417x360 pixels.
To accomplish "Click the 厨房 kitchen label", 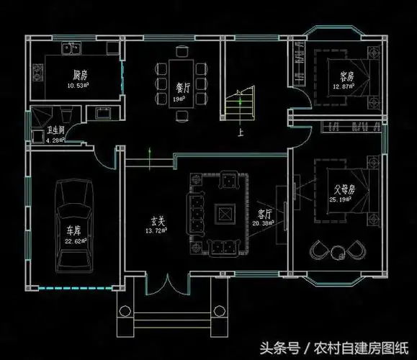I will (x=80, y=74).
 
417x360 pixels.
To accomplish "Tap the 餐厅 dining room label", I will (x=182, y=86).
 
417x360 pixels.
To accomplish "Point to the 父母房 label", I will (x=342, y=190).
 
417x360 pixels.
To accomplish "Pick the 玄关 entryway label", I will (x=158, y=222).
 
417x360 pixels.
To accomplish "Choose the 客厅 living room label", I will (x=264, y=214).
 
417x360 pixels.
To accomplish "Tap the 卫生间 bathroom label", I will (x=57, y=131).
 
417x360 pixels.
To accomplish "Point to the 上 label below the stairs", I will (x=241, y=133).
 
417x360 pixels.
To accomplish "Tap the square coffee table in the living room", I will (x=223, y=213).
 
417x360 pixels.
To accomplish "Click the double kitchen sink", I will (x=72, y=50).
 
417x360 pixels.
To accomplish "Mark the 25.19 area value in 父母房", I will (x=341, y=200).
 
